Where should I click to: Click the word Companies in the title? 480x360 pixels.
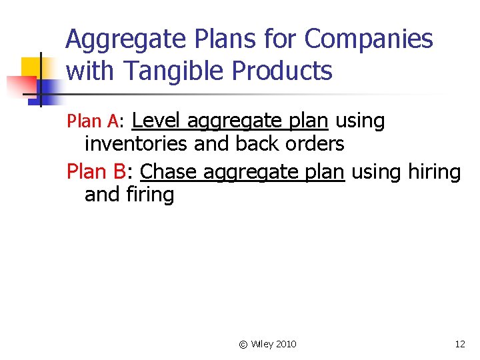[x=369, y=40]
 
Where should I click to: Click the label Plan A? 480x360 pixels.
[x=94, y=121]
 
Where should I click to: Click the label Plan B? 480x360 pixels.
[x=97, y=172]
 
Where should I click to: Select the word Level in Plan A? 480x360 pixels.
[x=157, y=121]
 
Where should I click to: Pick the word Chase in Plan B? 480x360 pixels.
[x=169, y=172]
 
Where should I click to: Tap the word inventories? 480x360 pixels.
[x=137, y=144]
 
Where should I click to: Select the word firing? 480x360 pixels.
[x=149, y=195]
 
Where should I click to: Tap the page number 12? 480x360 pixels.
[x=460, y=344]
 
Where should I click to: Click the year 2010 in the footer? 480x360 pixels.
[x=285, y=344]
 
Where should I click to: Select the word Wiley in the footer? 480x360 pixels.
[x=261, y=344]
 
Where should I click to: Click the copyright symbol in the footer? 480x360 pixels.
[x=243, y=344]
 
